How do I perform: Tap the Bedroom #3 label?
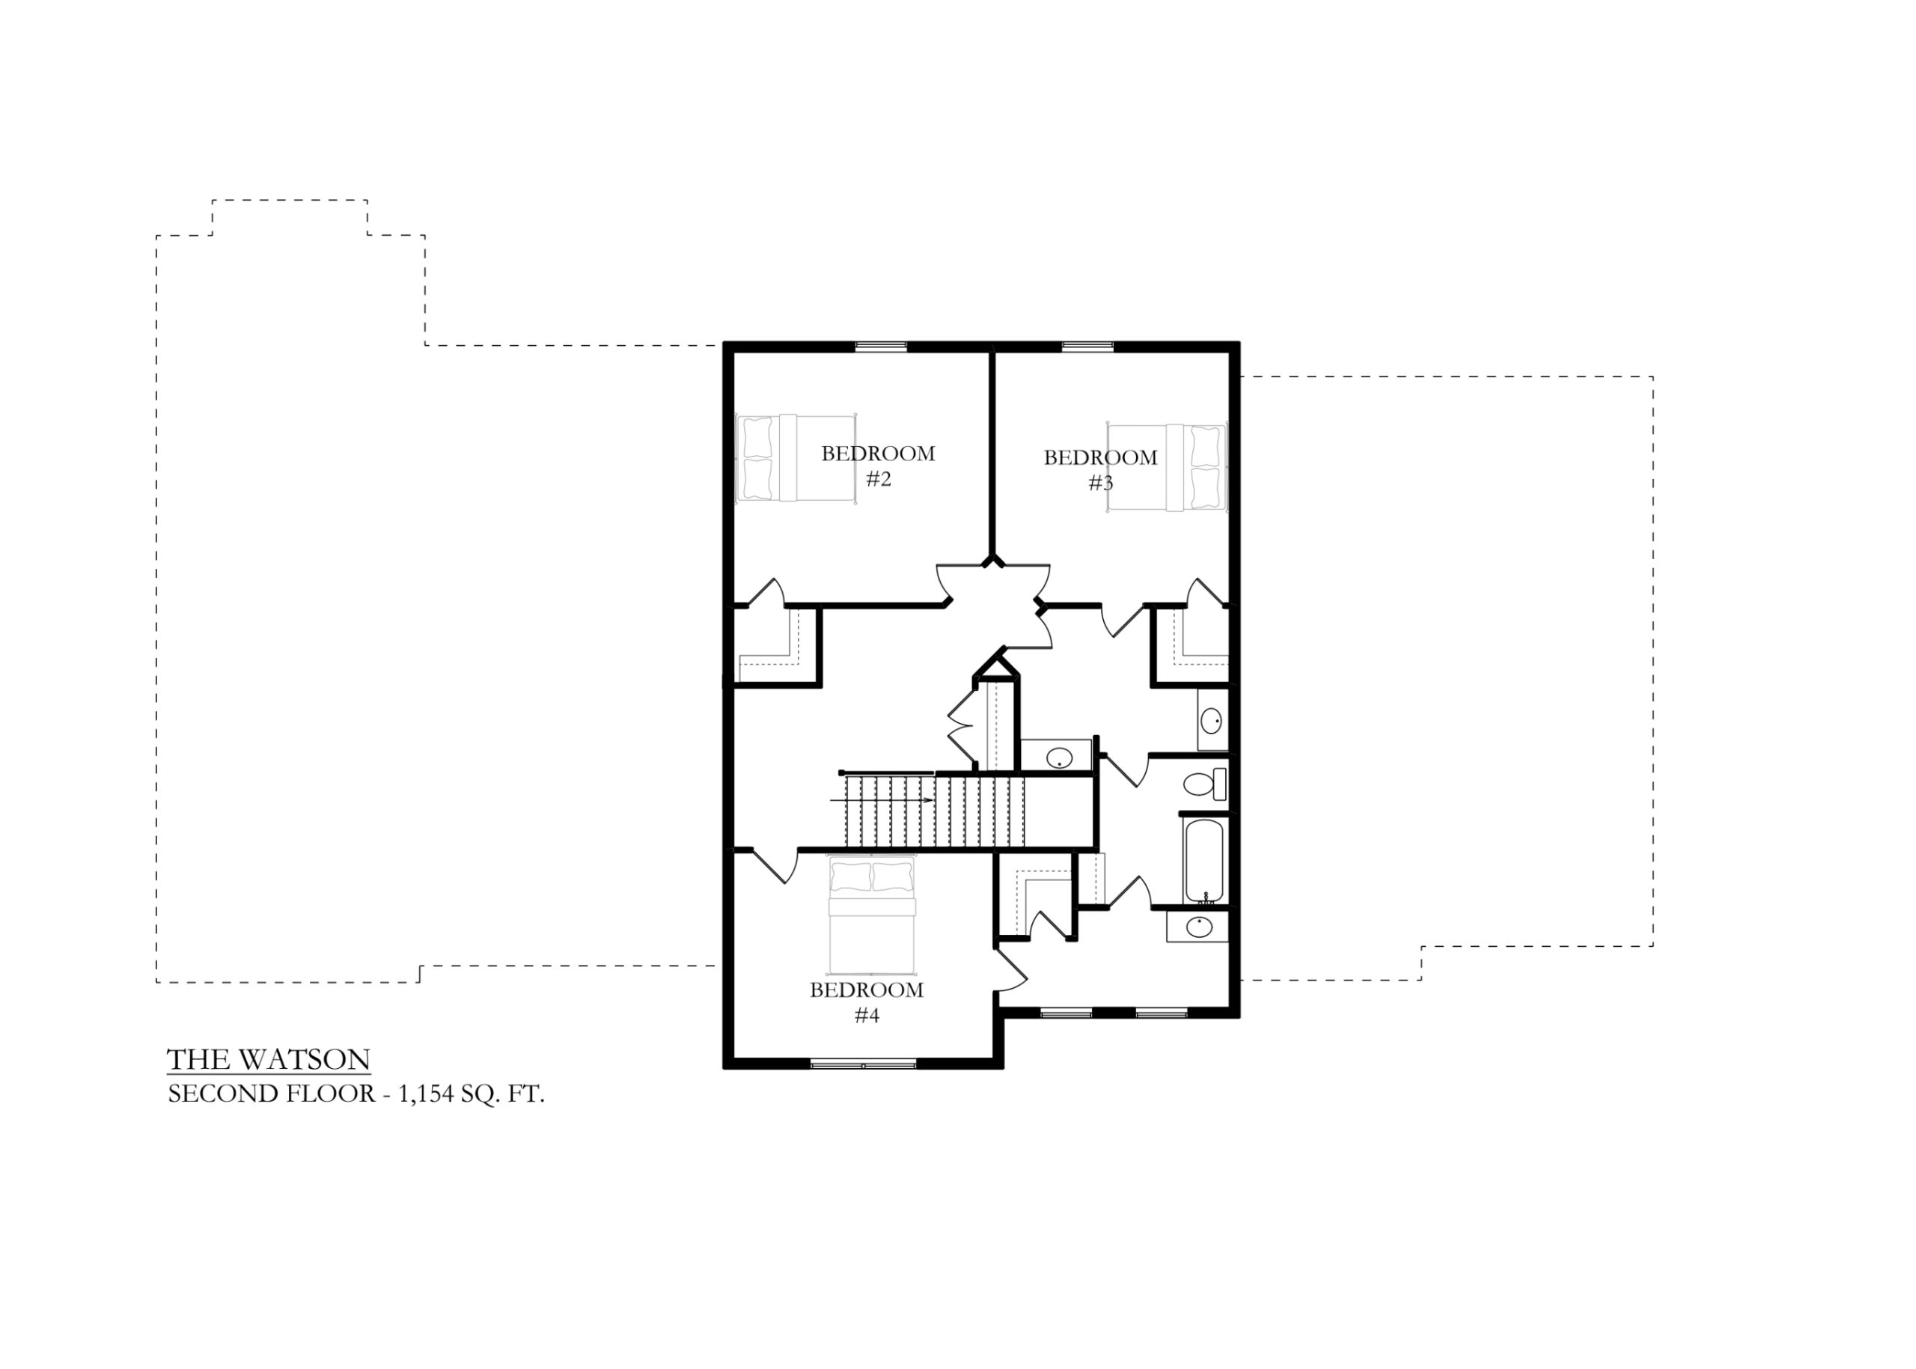pos(1100,469)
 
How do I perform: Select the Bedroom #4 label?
pos(867,1002)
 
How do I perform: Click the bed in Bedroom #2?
pos(796,458)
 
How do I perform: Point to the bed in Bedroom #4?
pos(872,914)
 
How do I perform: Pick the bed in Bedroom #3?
pos(1167,468)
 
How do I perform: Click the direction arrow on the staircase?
pos(882,800)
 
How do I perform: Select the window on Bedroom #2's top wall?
pos(881,346)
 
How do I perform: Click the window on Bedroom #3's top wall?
pos(1087,346)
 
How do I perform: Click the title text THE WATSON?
pos(269,1060)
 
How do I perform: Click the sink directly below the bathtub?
pos(1197,927)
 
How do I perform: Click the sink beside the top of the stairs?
pos(1057,756)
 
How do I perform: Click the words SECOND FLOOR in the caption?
pos(272,1094)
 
